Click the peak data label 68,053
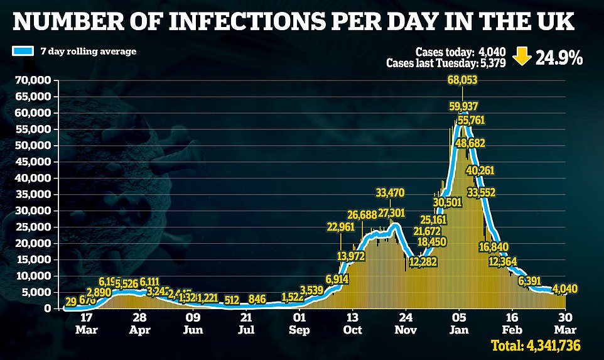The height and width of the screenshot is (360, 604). [462, 80]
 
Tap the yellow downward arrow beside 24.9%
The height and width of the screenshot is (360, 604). [520, 58]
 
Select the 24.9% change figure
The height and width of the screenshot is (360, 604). [558, 58]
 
